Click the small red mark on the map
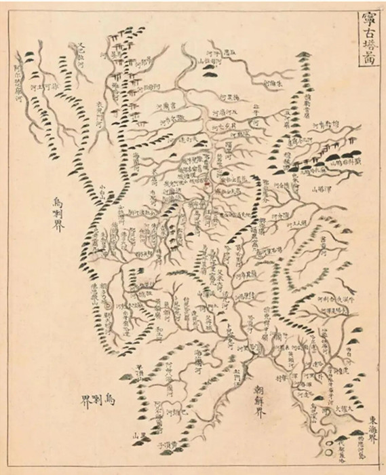click(208, 183)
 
